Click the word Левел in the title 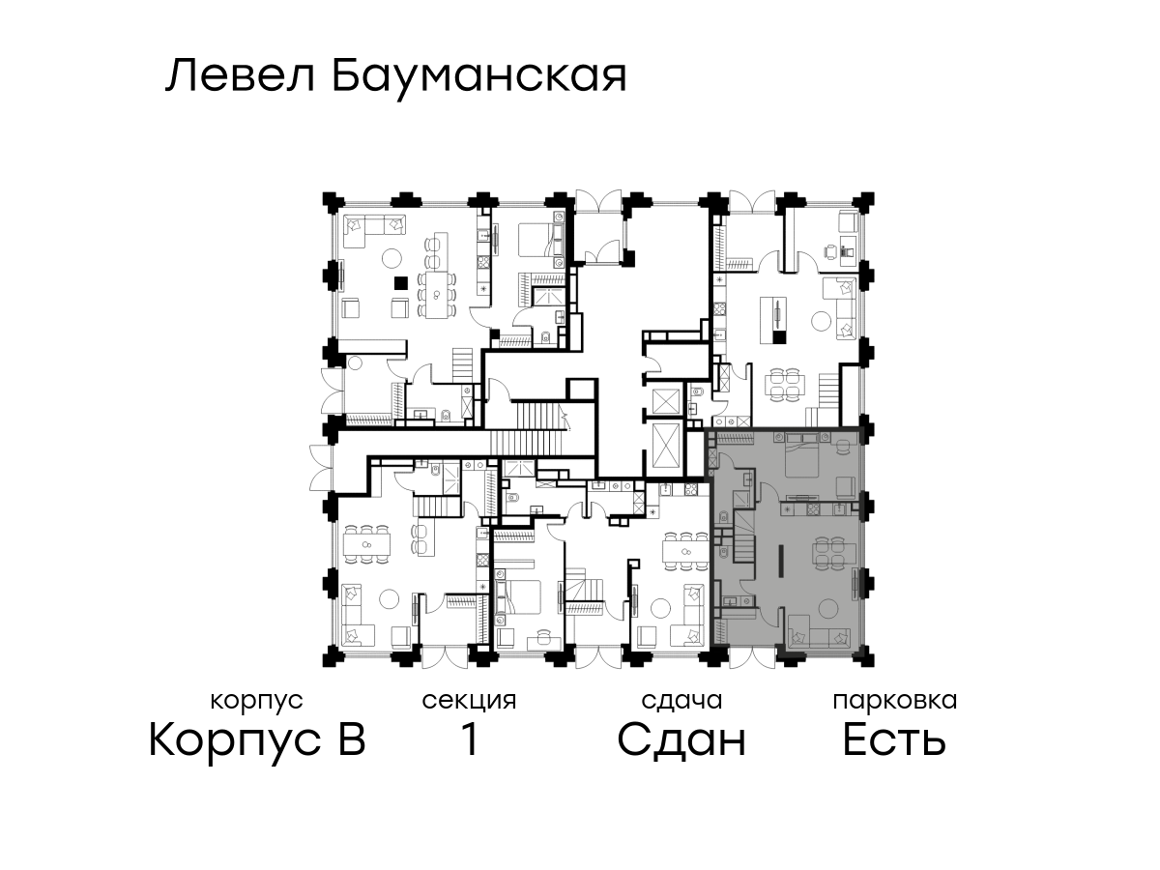(x=240, y=76)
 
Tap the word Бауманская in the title (x=479, y=78)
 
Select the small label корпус (x=256, y=702)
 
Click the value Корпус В (x=257, y=740)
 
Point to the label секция (x=469, y=702)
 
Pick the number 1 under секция (x=469, y=740)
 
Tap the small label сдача (x=681, y=701)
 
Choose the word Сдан (x=681, y=740)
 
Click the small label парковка (x=895, y=702)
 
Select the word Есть (x=893, y=740)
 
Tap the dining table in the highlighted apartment (x=835, y=554)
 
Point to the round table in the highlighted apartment (x=828, y=608)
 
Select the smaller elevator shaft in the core (x=666, y=402)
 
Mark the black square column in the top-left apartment (x=401, y=283)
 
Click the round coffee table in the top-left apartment (x=392, y=258)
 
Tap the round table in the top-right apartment (x=822, y=320)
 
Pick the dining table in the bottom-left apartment (x=366, y=544)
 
